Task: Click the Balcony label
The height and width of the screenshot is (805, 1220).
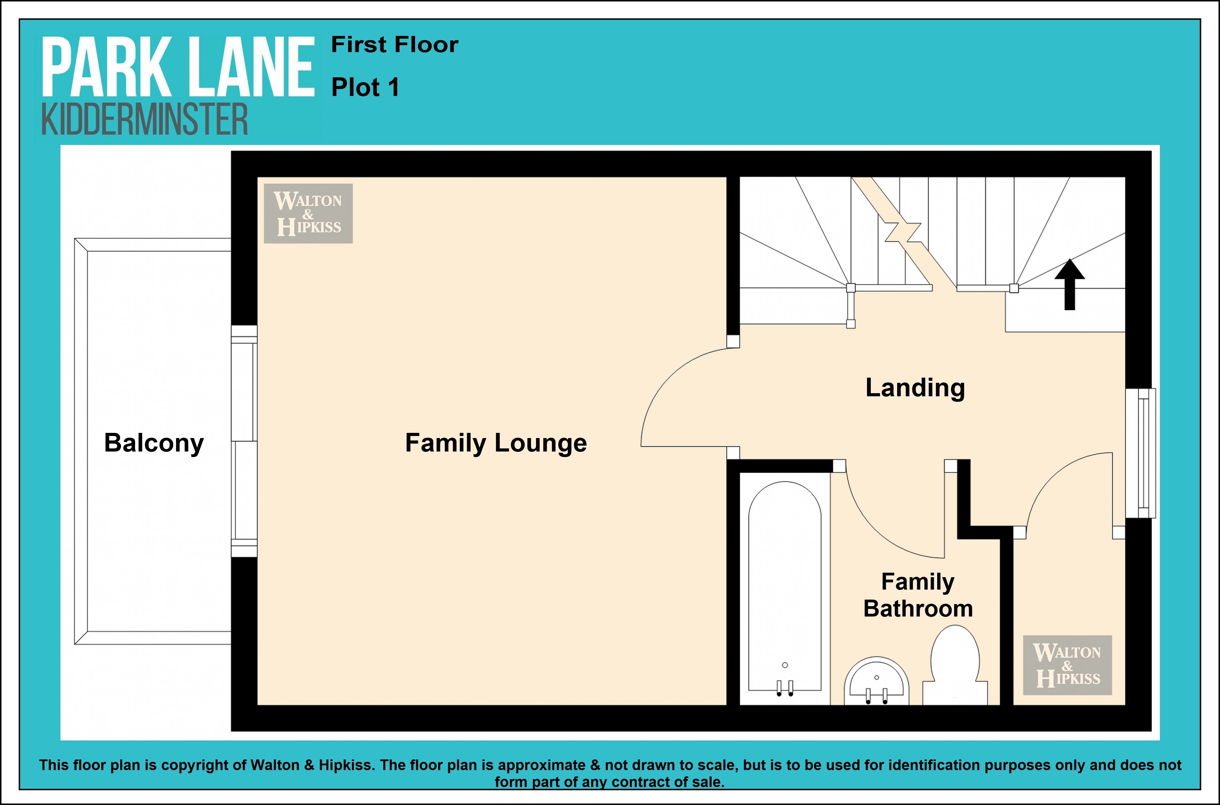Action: [154, 443]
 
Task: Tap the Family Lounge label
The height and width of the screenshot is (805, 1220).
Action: [496, 443]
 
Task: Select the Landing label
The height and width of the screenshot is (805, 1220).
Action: [915, 388]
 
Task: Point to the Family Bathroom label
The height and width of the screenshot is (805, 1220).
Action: [918, 595]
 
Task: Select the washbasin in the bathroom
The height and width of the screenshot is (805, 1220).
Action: [876, 681]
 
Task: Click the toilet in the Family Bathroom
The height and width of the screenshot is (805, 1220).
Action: [955, 665]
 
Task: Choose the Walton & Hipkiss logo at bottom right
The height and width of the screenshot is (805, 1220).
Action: [1067, 665]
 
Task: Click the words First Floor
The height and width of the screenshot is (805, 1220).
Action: [395, 45]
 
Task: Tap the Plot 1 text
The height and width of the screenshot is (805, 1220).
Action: [365, 87]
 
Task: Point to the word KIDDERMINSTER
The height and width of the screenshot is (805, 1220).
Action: [144, 119]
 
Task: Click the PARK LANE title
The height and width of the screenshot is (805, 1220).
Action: [177, 67]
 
